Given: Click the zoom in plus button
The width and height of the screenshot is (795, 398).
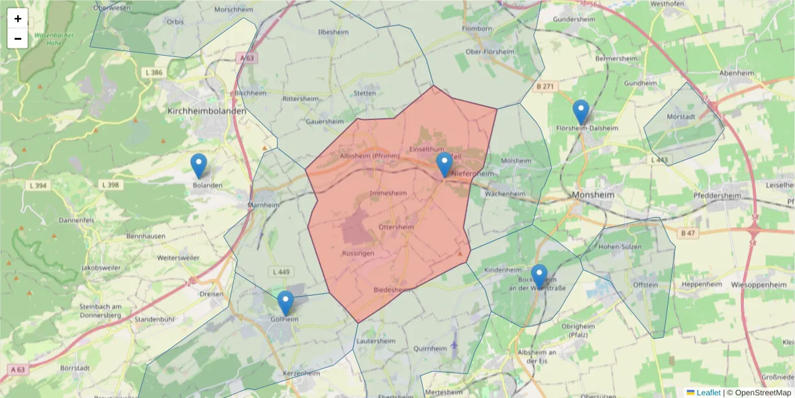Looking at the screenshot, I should click(x=18, y=19).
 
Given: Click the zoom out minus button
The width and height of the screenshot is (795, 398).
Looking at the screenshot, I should click(x=18, y=38).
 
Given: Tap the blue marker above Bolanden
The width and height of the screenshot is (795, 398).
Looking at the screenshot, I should click(x=199, y=166).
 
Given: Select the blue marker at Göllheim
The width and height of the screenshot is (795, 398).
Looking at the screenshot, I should click(x=286, y=302).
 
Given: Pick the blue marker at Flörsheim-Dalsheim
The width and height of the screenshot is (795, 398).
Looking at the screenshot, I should click(x=581, y=111).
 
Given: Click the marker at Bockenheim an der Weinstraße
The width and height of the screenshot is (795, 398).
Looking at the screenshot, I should click(x=539, y=276).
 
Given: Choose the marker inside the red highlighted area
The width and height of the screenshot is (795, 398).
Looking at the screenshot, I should click(x=445, y=165).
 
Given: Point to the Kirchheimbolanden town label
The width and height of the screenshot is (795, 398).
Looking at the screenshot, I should click(x=207, y=111).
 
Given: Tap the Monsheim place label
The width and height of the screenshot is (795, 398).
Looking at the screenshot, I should click(x=593, y=196).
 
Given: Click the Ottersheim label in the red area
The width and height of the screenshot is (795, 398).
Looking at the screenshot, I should click(x=396, y=227).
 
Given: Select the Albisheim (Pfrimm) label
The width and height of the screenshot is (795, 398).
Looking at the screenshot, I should click(x=369, y=156).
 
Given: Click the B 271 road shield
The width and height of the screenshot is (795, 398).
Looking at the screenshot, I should click(x=545, y=87).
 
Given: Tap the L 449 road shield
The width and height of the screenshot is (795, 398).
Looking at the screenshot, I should click(x=281, y=272).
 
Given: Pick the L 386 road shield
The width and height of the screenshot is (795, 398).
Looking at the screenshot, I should click(x=152, y=72).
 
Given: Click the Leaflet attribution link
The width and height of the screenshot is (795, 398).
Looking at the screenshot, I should click(x=708, y=393).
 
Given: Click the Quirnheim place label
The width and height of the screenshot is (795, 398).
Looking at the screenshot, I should click(x=430, y=348).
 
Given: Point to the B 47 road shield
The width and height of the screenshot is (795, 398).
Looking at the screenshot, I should click(x=688, y=233).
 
